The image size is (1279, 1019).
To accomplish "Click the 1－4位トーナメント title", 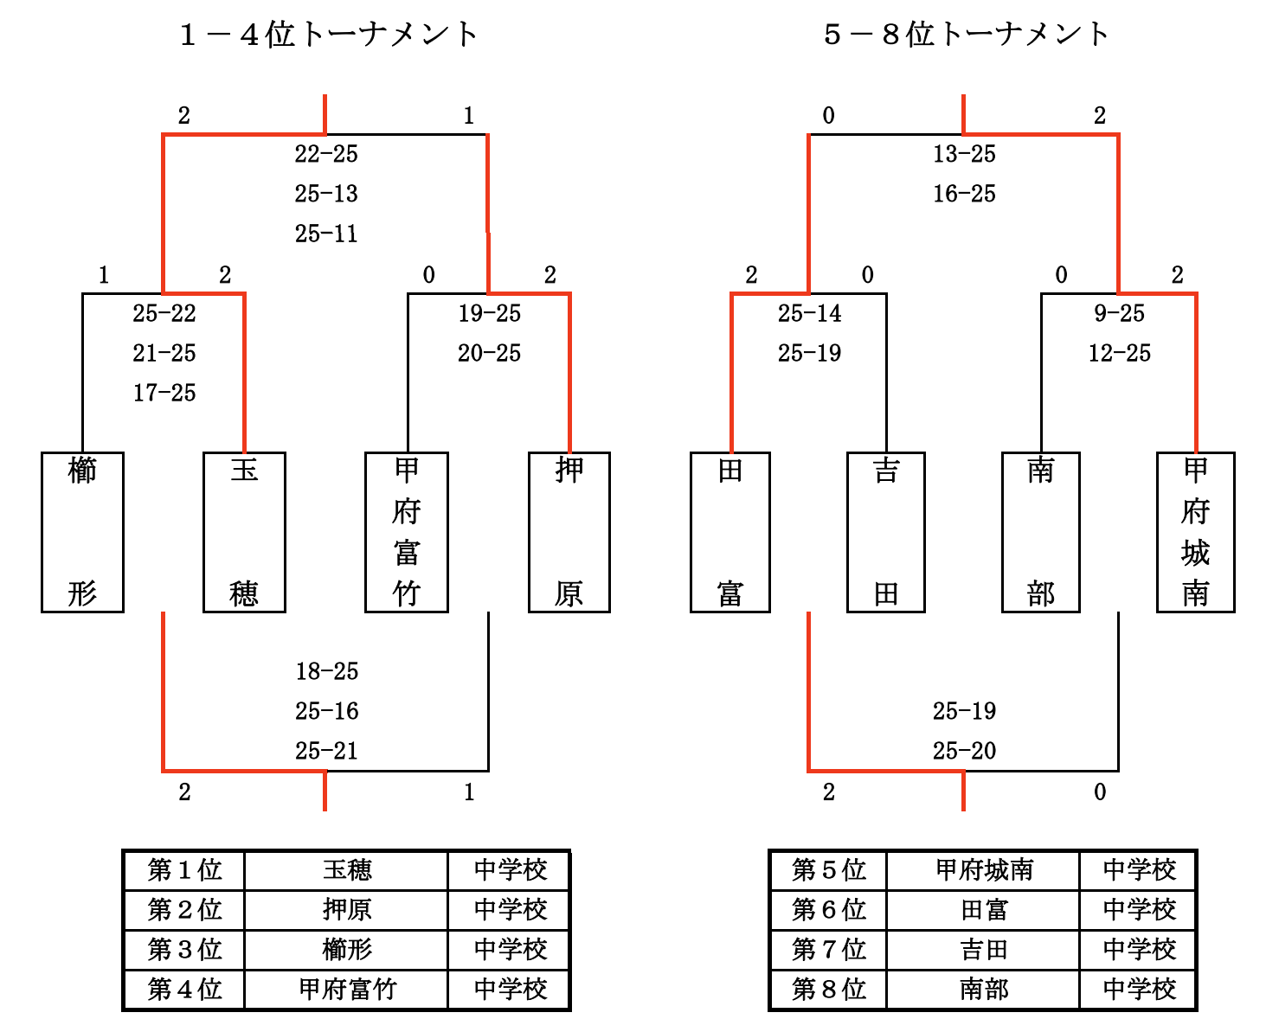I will [328, 35].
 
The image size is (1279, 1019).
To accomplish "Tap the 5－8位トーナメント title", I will [966, 35].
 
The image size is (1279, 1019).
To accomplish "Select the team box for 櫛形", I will [82, 532].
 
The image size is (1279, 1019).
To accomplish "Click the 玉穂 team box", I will [244, 532].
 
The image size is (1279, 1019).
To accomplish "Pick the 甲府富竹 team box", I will [406, 532].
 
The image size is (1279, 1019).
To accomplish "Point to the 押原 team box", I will [569, 532].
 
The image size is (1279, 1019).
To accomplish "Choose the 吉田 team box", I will [885, 532].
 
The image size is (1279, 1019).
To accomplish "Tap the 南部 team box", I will [1040, 532].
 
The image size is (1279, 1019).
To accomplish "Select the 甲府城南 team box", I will [1195, 532].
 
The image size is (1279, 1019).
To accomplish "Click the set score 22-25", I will [326, 154].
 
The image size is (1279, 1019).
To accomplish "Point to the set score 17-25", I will [164, 393].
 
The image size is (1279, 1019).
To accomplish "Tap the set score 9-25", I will [1119, 313].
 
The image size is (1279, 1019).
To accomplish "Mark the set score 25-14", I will [809, 313].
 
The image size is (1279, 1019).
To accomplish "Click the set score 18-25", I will [326, 671].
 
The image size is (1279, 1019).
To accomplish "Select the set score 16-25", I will [964, 194].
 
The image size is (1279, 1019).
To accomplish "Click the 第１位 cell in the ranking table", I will [184, 870].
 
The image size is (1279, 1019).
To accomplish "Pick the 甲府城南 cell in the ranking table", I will [984, 870].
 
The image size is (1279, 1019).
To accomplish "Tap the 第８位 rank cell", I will [828, 990].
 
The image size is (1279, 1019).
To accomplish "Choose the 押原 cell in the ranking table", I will [347, 910].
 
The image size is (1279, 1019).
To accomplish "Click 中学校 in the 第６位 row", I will [1139, 910].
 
